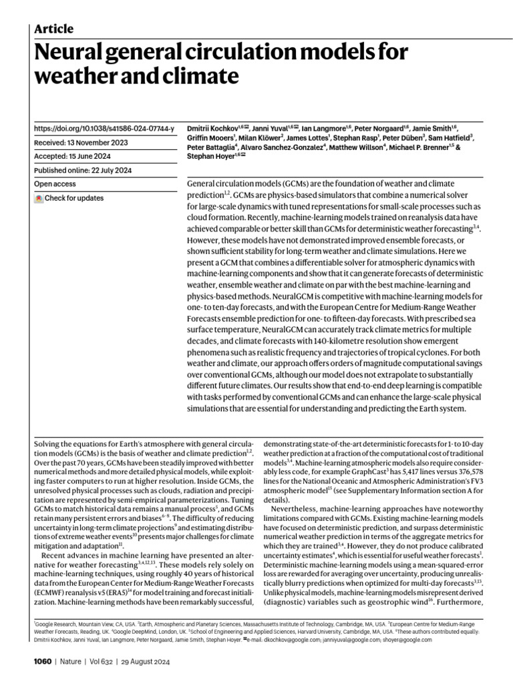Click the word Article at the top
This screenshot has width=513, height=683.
(x=53, y=29)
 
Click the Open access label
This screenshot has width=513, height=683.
(x=55, y=184)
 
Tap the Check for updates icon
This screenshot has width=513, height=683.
(x=39, y=198)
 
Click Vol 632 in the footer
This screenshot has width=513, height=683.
(x=98, y=662)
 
